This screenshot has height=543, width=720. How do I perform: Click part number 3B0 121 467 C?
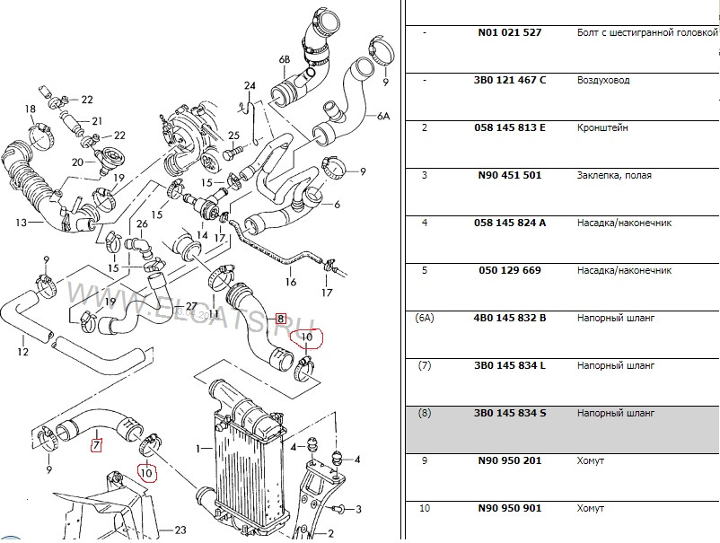508,80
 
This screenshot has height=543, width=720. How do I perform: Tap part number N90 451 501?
507,175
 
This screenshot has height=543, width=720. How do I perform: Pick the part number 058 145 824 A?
508,223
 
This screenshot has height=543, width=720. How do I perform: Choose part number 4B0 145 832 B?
508,318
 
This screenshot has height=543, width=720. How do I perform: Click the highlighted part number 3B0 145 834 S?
508,413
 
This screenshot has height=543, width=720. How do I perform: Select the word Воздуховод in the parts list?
603,80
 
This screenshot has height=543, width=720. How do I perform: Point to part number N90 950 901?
507,508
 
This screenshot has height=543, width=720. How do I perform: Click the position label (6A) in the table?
425,318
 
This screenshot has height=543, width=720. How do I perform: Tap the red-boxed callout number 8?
281,318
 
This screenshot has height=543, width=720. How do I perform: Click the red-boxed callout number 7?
96,444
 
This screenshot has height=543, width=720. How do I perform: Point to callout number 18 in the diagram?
30,109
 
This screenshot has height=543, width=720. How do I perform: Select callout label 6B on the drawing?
285,60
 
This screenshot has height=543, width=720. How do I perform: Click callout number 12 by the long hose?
23,352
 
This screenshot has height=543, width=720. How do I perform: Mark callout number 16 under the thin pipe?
290,282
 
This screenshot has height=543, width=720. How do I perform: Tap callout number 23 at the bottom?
180,530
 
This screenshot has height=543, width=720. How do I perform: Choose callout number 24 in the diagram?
250,86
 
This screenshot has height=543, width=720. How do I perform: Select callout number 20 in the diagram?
77,162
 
